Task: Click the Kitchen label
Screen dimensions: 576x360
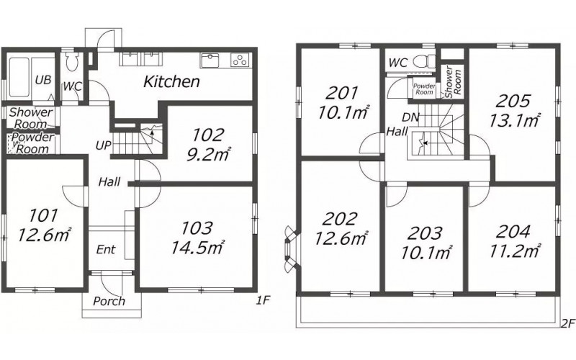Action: pyautogui.click(x=171, y=81)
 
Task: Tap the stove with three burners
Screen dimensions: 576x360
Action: pyautogui.click(x=240, y=60)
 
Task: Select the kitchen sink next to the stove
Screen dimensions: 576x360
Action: pyautogui.click(x=210, y=60)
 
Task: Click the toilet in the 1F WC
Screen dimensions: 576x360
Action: pyautogui.click(x=71, y=60)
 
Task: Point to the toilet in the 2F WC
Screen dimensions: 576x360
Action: pyautogui.click(x=424, y=61)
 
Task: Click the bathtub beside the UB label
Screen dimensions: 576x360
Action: pyautogui.click(x=19, y=77)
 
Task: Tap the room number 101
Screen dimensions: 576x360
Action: pyautogui.click(x=43, y=215)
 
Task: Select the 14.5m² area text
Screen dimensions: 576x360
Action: pyautogui.click(x=197, y=247)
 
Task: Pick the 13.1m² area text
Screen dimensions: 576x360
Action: pyautogui.click(x=514, y=120)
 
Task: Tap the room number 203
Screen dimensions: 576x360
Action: pyautogui.click(x=426, y=233)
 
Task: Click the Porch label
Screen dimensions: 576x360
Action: pyautogui.click(x=109, y=301)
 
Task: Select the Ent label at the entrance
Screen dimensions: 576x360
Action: pyautogui.click(x=106, y=250)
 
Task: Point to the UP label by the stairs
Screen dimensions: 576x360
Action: pyautogui.click(x=103, y=145)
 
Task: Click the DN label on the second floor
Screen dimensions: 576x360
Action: pyautogui.click(x=410, y=117)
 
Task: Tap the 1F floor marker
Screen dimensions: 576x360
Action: pyautogui.click(x=263, y=301)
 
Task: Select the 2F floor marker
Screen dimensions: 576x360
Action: pyautogui.click(x=567, y=323)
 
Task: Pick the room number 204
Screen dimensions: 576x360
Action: pyautogui.click(x=513, y=232)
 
